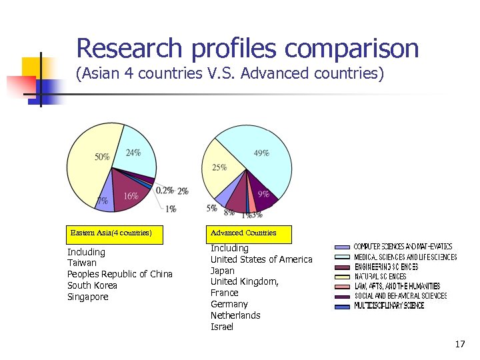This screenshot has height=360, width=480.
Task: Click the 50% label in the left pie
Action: click(102, 157)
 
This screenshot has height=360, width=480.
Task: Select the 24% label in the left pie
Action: click(133, 152)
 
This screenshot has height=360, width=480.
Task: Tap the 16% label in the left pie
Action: click(131, 196)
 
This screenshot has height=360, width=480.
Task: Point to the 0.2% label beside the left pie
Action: click(165, 191)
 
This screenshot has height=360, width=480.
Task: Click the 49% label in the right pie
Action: click(261, 153)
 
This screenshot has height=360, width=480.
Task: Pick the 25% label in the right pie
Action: click(219, 167)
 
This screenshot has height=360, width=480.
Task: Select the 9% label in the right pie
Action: click(264, 195)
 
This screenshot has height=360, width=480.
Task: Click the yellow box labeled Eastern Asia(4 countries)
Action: click(111, 233)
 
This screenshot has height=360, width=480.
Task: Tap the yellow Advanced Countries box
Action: click(243, 233)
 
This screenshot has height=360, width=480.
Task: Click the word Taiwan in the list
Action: click(82, 263)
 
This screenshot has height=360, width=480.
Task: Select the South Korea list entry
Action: click(92, 285)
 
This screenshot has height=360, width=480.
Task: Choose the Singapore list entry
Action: click(87, 297)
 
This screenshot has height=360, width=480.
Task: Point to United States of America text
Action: click(261, 259)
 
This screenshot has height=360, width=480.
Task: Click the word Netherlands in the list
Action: click(235, 315)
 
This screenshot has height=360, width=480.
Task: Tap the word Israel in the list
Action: click(222, 327)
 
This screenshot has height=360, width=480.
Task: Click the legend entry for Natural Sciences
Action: click(379, 276)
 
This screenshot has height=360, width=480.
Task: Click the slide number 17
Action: click(459, 344)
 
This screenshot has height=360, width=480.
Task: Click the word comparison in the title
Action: click(351, 49)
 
